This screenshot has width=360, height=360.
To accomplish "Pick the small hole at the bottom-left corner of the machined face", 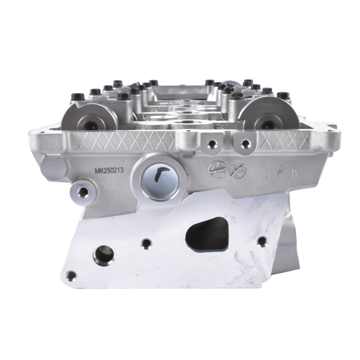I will (71, 275).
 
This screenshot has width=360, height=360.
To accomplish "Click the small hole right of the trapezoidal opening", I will (262, 241).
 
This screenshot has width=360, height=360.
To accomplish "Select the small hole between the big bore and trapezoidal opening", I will (146, 244).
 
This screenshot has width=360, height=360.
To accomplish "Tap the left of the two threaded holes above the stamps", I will (211, 145).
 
